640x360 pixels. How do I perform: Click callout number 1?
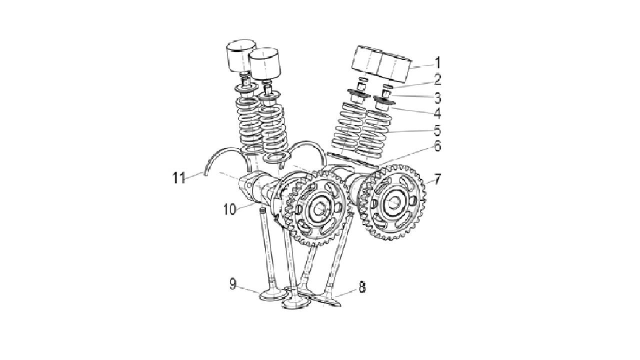(437, 63)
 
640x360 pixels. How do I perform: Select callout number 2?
(437, 79)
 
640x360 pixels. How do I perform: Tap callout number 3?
(437, 97)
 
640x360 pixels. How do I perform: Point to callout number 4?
(437, 113)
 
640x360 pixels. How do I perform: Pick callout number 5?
(437, 130)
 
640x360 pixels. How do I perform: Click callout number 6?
(437, 146)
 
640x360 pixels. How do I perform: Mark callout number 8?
(361, 287)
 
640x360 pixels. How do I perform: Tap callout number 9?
(233, 284)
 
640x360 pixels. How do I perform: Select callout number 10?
(229, 210)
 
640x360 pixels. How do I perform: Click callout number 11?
(179, 178)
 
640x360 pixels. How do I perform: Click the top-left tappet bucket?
(241, 55)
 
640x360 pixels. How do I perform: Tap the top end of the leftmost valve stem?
(262, 210)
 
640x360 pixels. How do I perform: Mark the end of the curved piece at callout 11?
(205, 173)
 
